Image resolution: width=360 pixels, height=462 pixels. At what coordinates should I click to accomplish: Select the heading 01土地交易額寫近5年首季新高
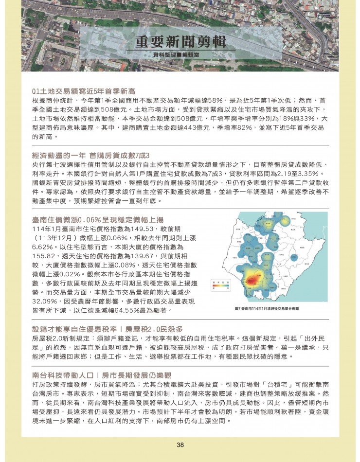point(83,91)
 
